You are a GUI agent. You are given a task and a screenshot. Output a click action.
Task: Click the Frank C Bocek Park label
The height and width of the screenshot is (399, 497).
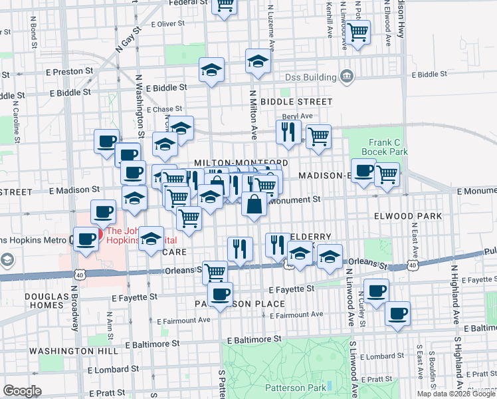click(x=388, y=146)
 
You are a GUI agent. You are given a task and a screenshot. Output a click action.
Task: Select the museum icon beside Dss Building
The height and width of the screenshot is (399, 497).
click(x=346, y=77)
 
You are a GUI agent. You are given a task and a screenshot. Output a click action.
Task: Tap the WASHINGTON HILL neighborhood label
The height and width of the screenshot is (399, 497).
click(x=63, y=350)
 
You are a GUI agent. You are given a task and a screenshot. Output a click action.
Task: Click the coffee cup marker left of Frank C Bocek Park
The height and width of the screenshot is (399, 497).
click(x=363, y=171)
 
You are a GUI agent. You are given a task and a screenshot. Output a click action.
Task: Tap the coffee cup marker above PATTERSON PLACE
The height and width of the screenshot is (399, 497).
click(x=220, y=293)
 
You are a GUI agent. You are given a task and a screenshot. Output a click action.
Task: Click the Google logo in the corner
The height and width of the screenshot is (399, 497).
click(x=22, y=391)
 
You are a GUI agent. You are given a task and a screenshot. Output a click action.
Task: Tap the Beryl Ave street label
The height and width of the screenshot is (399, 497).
click(x=298, y=116)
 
